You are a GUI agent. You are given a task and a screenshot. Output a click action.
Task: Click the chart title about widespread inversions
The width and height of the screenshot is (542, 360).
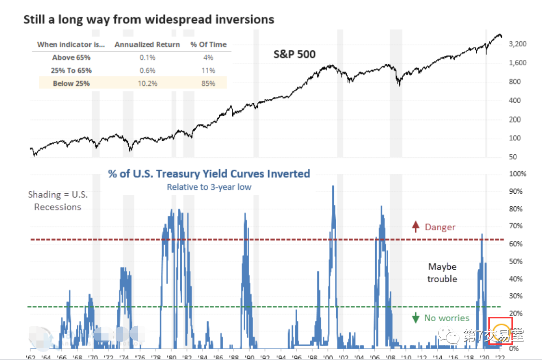coord(149,20)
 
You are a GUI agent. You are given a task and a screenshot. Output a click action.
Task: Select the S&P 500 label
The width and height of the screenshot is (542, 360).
coord(294,54)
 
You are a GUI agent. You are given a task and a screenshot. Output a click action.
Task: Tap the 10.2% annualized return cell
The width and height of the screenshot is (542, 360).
coord(147,83)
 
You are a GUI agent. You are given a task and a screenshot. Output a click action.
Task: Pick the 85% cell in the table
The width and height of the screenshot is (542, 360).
coord(208,83)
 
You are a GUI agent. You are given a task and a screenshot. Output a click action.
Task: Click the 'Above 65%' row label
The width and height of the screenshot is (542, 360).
coord(71,57)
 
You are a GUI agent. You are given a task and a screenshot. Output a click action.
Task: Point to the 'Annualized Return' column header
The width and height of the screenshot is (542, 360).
coord(147,44)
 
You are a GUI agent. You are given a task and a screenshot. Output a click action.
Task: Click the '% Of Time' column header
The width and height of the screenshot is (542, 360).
coord(208,44)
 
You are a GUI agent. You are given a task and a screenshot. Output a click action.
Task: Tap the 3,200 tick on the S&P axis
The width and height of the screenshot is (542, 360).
coord(517,44)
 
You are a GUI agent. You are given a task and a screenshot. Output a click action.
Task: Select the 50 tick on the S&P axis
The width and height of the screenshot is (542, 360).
coord(512,157)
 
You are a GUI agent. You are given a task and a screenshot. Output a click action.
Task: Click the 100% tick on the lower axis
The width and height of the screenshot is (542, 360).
coord(518,174)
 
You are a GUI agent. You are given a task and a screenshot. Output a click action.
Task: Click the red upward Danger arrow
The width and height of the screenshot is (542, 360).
coord(415,227)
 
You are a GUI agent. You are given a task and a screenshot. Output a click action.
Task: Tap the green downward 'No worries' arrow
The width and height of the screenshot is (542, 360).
coord(415,318)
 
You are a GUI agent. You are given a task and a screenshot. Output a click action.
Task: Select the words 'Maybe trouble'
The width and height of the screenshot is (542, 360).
coord(442,273)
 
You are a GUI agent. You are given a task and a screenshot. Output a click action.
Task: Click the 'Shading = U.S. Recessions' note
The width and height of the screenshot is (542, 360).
coord(57,201)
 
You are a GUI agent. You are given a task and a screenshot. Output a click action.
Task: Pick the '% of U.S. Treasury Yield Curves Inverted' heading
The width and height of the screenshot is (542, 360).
coord(209,174)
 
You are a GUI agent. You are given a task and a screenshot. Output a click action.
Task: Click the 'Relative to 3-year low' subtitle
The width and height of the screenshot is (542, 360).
coord(209,187)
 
